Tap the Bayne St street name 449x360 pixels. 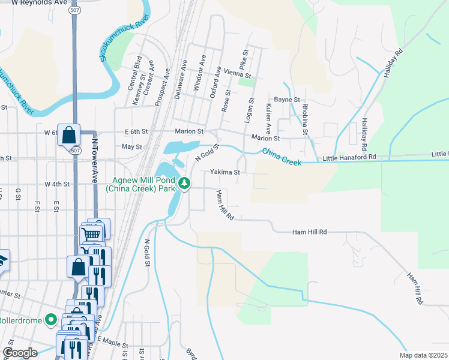tap(287, 99)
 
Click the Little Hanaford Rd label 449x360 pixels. tap(349, 157)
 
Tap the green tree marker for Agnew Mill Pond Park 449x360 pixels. tap(186, 184)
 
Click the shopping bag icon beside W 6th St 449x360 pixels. tap(69, 134)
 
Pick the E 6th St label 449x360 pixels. tap(136, 131)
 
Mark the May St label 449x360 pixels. tap(131, 146)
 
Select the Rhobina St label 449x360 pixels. tap(305, 118)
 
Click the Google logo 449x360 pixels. tap(20, 352)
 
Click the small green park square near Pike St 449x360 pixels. tap(246, 82)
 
